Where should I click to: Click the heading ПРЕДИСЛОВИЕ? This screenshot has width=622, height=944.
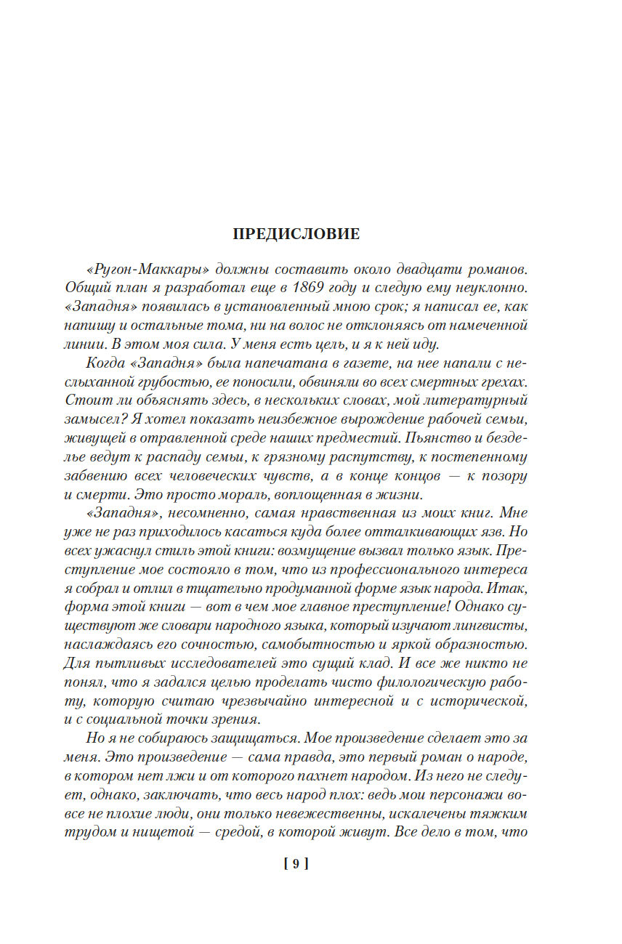296,234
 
